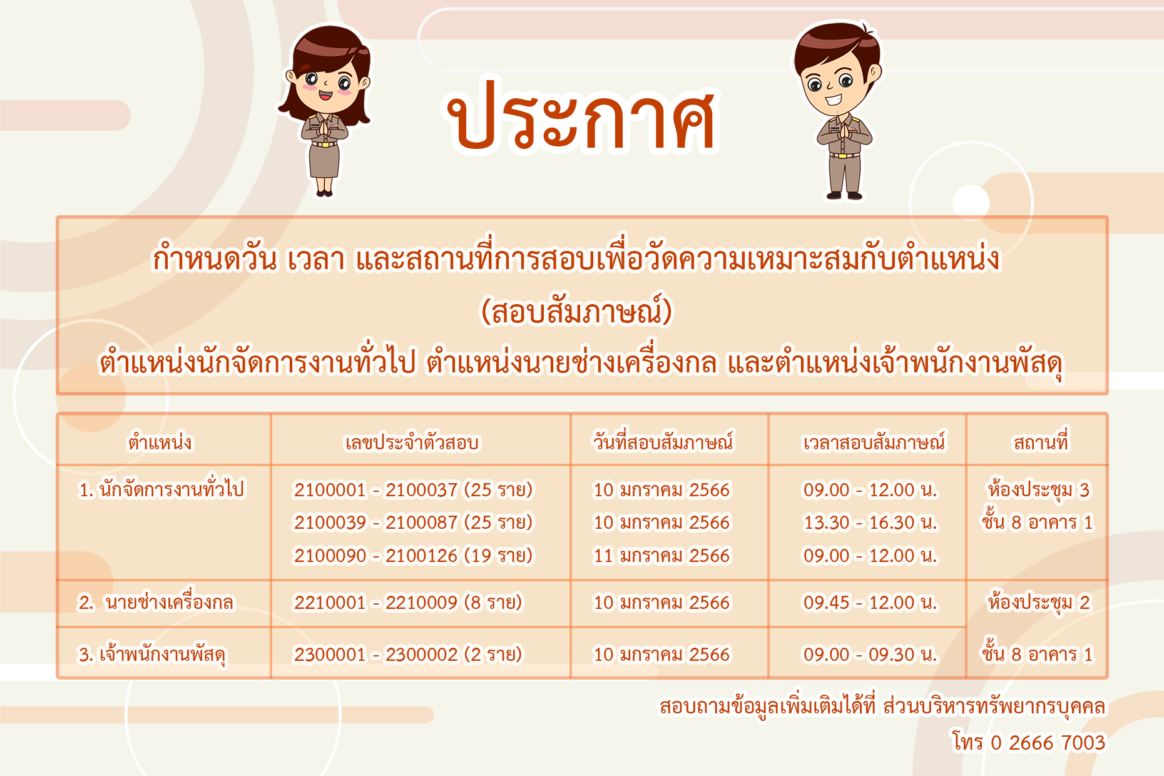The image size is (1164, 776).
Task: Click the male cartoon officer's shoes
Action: [845, 195]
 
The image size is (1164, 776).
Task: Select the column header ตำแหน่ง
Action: [160, 442]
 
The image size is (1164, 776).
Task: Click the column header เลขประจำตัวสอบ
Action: [412, 442]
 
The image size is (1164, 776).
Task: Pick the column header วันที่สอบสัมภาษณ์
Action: [663, 441]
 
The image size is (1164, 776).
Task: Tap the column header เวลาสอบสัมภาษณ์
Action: [874, 442]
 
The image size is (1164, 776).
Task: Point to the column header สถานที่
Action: [1041, 441]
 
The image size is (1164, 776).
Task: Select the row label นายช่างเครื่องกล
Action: [169, 601]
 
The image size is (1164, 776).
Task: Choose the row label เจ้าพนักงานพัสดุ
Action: [163, 655]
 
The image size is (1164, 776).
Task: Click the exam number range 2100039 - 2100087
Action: [375, 522]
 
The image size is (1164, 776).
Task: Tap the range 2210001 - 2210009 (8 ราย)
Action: [407, 602]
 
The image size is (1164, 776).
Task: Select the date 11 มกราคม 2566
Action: [661, 555]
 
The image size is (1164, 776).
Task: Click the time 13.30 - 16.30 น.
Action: [870, 522]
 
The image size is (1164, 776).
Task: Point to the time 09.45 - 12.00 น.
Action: [870, 602]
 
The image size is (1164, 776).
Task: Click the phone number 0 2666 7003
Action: [1048, 742]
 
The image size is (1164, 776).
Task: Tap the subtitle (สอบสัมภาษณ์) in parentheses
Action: [576, 312]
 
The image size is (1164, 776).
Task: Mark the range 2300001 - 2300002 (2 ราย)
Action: [407, 655]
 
